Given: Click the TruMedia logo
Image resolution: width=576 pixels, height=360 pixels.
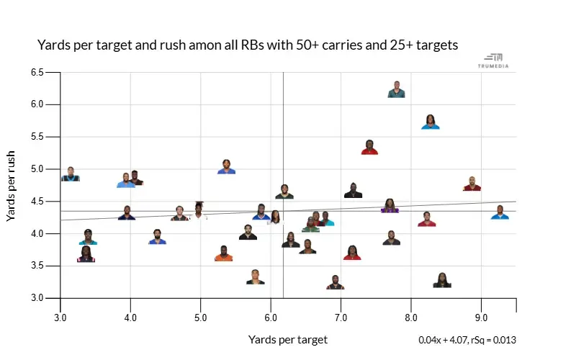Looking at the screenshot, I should tap(493, 60).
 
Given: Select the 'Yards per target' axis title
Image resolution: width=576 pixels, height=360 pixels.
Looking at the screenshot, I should tap(288, 339).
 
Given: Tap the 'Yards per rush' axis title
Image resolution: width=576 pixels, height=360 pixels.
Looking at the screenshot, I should tap(12, 186).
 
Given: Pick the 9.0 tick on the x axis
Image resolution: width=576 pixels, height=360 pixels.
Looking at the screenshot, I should tap(481, 317).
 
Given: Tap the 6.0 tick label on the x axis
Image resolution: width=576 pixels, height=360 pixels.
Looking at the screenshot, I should tap(271, 317).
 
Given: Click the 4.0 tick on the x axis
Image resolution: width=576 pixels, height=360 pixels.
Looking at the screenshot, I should tap(130, 317).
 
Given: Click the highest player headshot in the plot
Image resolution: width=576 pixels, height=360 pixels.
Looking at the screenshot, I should tap(396, 89).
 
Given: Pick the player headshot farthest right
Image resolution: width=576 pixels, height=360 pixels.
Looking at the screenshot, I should tap(500, 212).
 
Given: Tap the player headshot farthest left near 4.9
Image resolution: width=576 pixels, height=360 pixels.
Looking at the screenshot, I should tap(71, 174).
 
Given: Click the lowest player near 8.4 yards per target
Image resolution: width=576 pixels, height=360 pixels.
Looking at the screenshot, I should tap(442, 281).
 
